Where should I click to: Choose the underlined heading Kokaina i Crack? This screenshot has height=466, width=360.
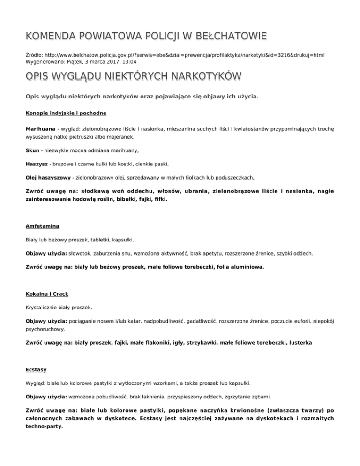pos(47,294)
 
